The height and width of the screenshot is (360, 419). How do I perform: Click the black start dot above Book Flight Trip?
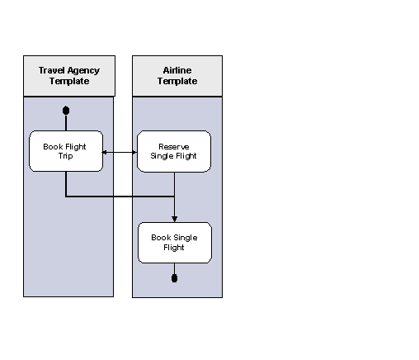pyautogui.click(x=66, y=110)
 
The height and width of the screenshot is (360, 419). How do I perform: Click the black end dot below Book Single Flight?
pyautogui.click(x=174, y=277)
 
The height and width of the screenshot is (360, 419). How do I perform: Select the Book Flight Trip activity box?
pyautogui.click(x=66, y=151)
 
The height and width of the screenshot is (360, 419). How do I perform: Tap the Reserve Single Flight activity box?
pyautogui.click(x=174, y=151)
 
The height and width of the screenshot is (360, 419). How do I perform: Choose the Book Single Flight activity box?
pyautogui.click(x=174, y=242)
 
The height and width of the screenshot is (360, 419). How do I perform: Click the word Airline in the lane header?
pyautogui.click(x=177, y=71)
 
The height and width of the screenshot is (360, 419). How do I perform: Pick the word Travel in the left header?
pyautogui.click(x=53, y=71)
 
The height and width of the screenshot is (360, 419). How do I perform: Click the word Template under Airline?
pyautogui.click(x=177, y=81)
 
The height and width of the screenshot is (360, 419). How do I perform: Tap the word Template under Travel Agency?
pyautogui.click(x=68, y=81)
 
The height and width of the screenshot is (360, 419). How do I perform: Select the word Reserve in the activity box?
pyautogui.click(x=174, y=146)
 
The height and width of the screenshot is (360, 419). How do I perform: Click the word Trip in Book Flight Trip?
pyautogui.click(x=66, y=155)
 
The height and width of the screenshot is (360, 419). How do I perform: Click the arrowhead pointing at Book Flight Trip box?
pyautogui.click(x=106, y=152)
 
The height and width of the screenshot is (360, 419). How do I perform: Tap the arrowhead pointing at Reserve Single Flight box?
pyautogui.click(x=134, y=152)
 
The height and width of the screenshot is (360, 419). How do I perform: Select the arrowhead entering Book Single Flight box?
pyautogui.click(x=174, y=219)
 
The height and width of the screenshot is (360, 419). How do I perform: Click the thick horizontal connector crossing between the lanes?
pyautogui.click(x=120, y=197)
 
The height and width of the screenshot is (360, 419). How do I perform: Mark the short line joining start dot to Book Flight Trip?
pyautogui.click(x=66, y=122)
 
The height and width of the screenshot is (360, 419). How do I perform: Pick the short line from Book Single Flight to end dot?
pyautogui.click(x=174, y=268)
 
